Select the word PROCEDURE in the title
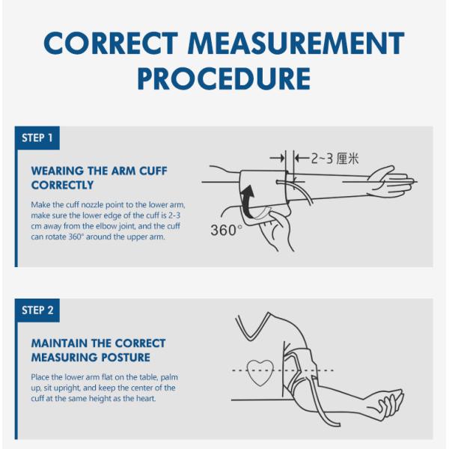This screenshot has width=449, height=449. click(224, 79)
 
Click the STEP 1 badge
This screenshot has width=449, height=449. click(37, 138)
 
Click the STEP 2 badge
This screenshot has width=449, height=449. click(37, 310)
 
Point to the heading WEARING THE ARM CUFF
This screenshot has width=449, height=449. click(99, 171)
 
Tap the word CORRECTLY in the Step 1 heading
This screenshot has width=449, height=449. click(62, 185)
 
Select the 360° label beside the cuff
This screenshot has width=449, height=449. click(226, 230)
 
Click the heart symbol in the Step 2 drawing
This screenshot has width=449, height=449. click(261, 370)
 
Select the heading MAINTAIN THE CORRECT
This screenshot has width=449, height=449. click(98, 343)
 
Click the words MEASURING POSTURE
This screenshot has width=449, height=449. click(91, 358)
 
